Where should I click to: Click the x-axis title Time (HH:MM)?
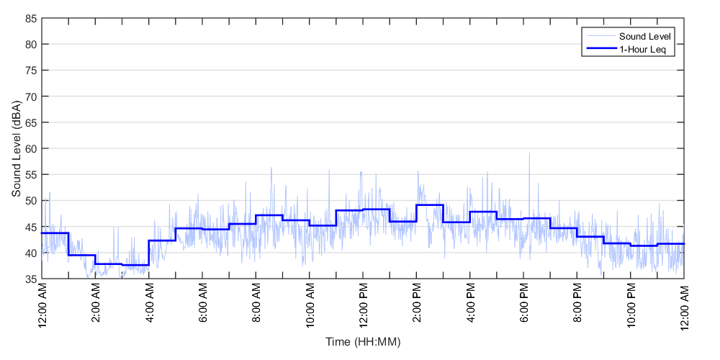(362, 341)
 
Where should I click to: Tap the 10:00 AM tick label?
(310, 305)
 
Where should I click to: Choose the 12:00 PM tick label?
(363, 305)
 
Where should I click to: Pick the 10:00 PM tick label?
(631, 305)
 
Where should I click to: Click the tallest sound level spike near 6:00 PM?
(529, 153)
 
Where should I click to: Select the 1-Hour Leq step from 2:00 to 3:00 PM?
(430, 204)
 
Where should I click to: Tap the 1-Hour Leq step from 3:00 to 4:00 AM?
(135, 265)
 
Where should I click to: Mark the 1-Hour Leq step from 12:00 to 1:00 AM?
(55, 233)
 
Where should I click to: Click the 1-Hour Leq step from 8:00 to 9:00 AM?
(269, 215)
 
